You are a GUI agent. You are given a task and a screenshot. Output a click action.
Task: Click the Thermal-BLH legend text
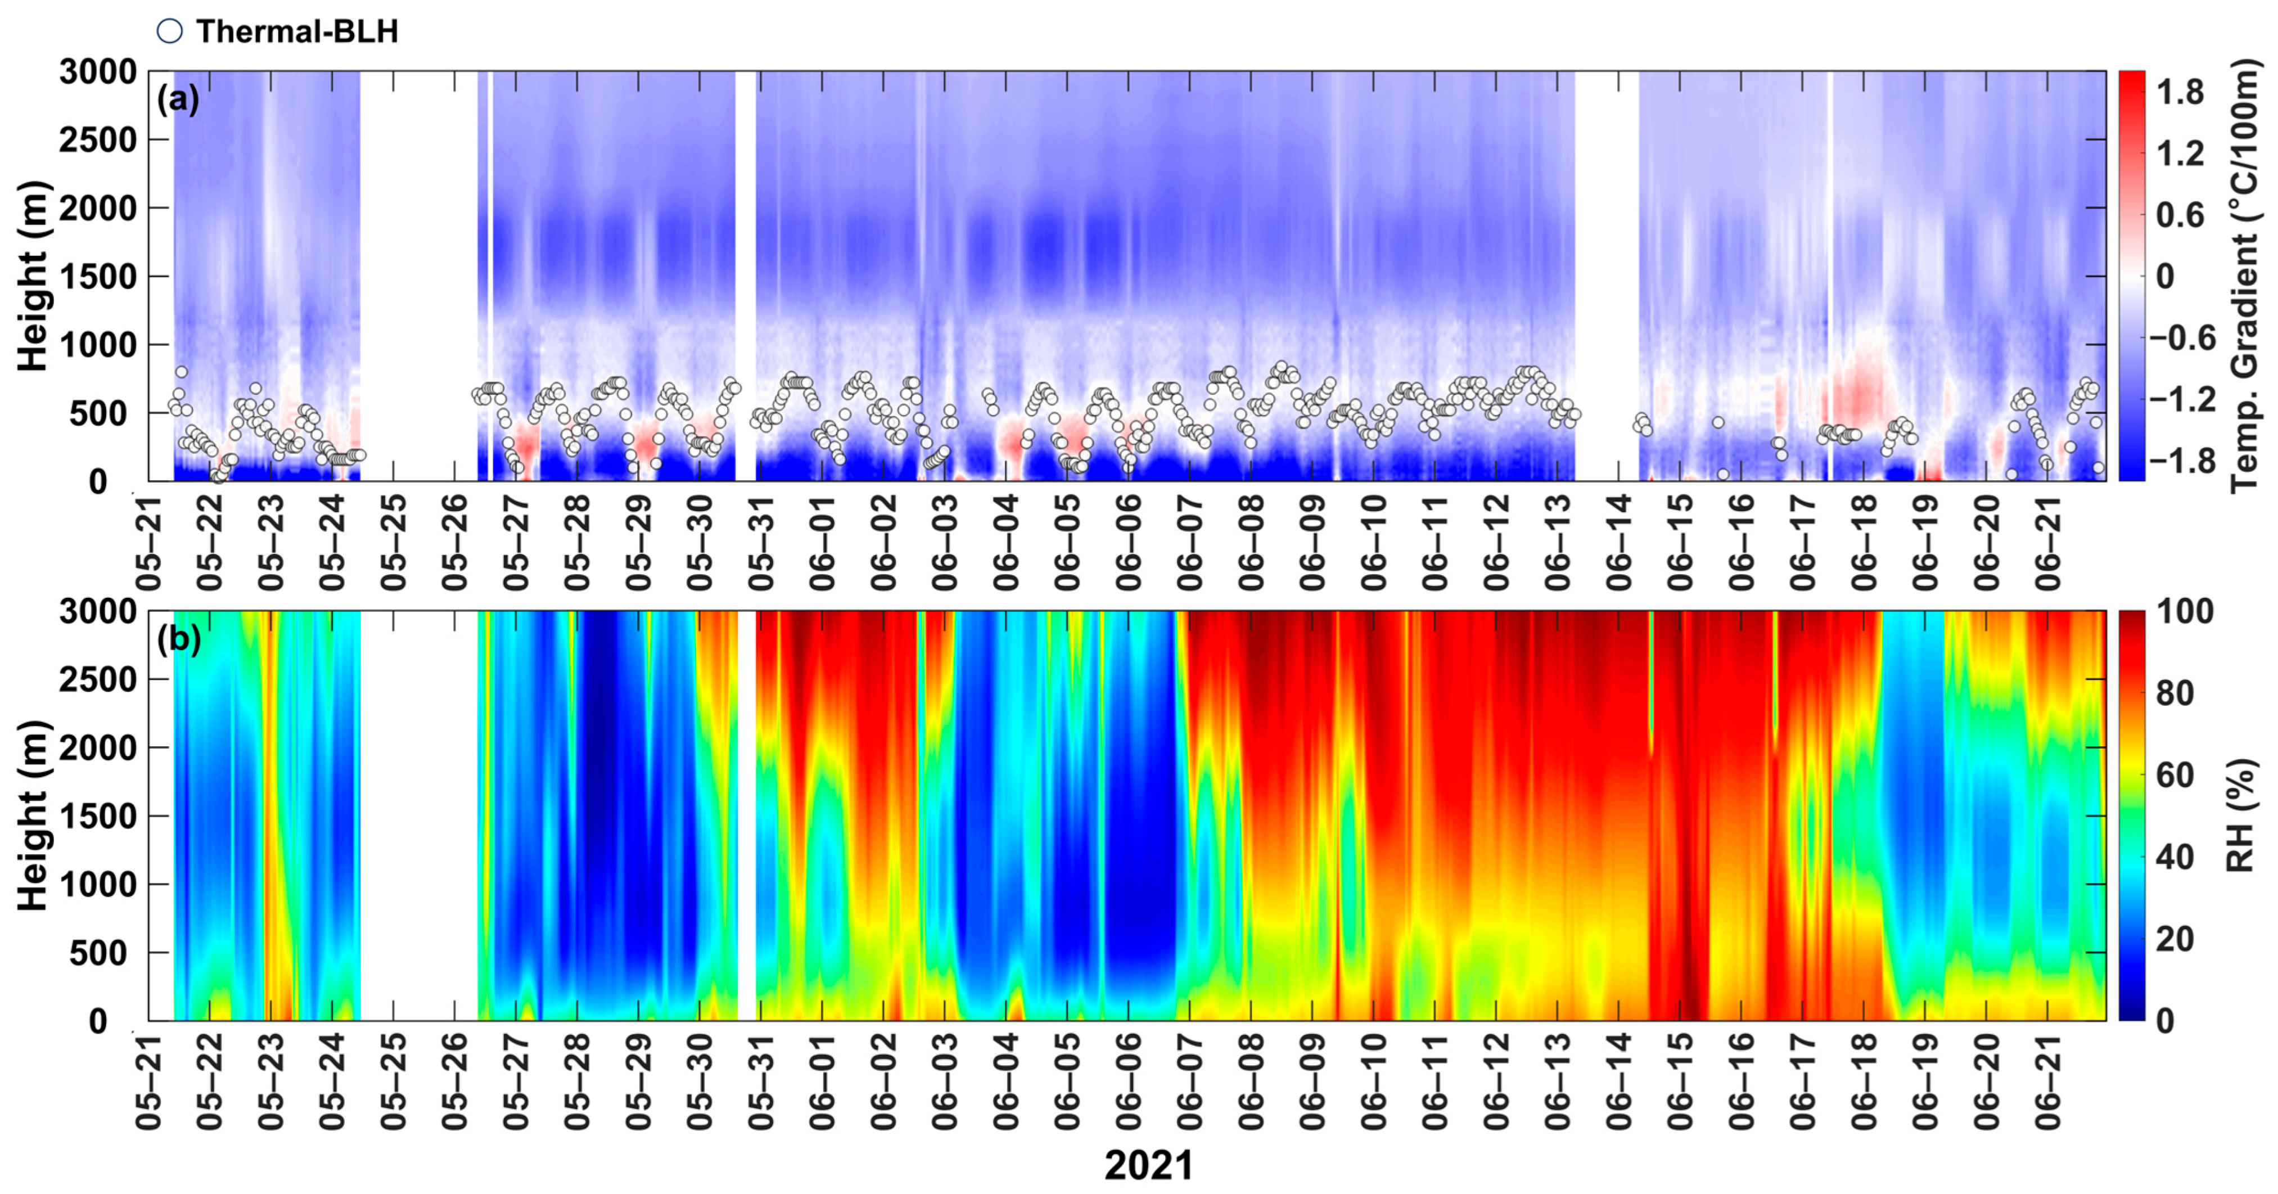click(297, 32)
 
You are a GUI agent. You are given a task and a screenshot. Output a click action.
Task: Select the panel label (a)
click(178, 98)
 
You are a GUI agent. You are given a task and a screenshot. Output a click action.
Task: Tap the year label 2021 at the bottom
click(1148, 1165)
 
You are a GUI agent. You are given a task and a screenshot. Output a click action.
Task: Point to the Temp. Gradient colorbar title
click(2244, 275)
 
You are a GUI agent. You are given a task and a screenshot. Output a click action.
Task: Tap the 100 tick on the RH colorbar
click(2184, 612)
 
